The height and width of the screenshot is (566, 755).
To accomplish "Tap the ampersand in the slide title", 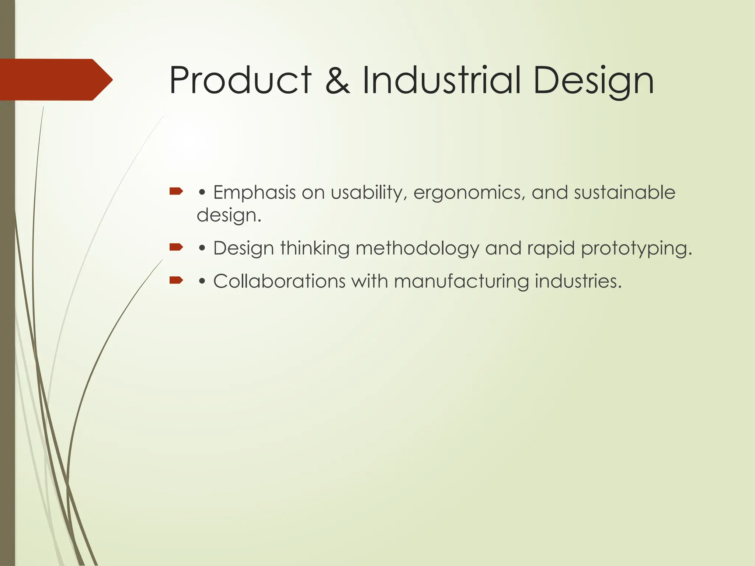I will pos(337,80).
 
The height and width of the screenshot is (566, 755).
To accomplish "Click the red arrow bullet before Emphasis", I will pos(176,191).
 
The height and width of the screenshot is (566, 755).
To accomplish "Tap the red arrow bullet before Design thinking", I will pos(176,247).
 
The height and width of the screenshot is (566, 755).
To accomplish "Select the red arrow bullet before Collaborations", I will pos(176,280).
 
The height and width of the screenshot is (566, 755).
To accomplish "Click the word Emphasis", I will pos(254,193).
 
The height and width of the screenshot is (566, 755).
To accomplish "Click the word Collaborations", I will pos(279,282).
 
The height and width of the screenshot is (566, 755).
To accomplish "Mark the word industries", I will pos(578,282).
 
